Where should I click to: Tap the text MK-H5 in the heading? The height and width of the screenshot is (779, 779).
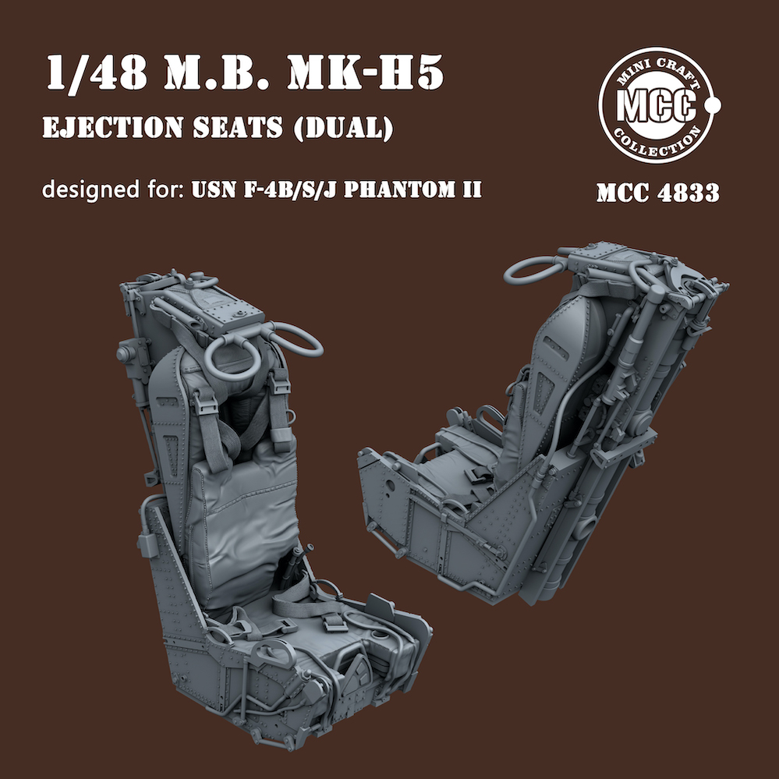tap(365, 73)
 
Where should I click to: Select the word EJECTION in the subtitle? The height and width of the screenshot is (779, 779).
tap(113, 127)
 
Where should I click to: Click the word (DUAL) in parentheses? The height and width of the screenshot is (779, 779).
tap(344, 128)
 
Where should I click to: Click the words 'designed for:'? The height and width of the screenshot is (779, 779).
tap(113, 189)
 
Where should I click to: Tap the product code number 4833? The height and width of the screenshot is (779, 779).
tap(688, 193)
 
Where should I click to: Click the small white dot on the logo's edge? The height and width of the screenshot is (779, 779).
tap(713, 104)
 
